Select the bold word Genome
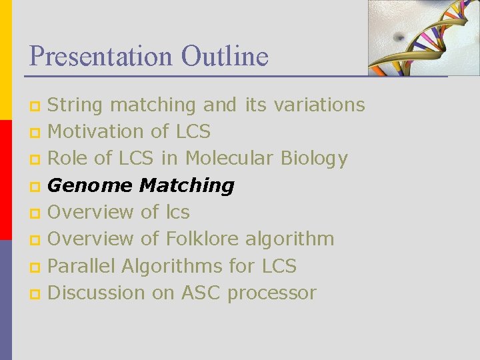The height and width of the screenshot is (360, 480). tap(90, 185)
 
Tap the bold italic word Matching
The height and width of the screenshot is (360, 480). tap(187, 185)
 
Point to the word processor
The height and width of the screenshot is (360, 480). tap(272, 292)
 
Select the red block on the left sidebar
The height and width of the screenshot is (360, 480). tap(6, 180)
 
